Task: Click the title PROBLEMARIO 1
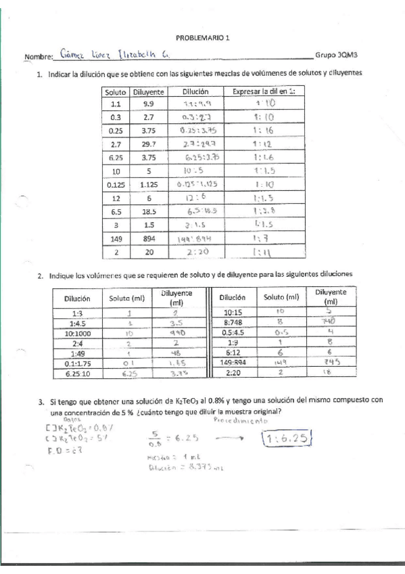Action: (202, 39)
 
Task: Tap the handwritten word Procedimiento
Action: (240, 420)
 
